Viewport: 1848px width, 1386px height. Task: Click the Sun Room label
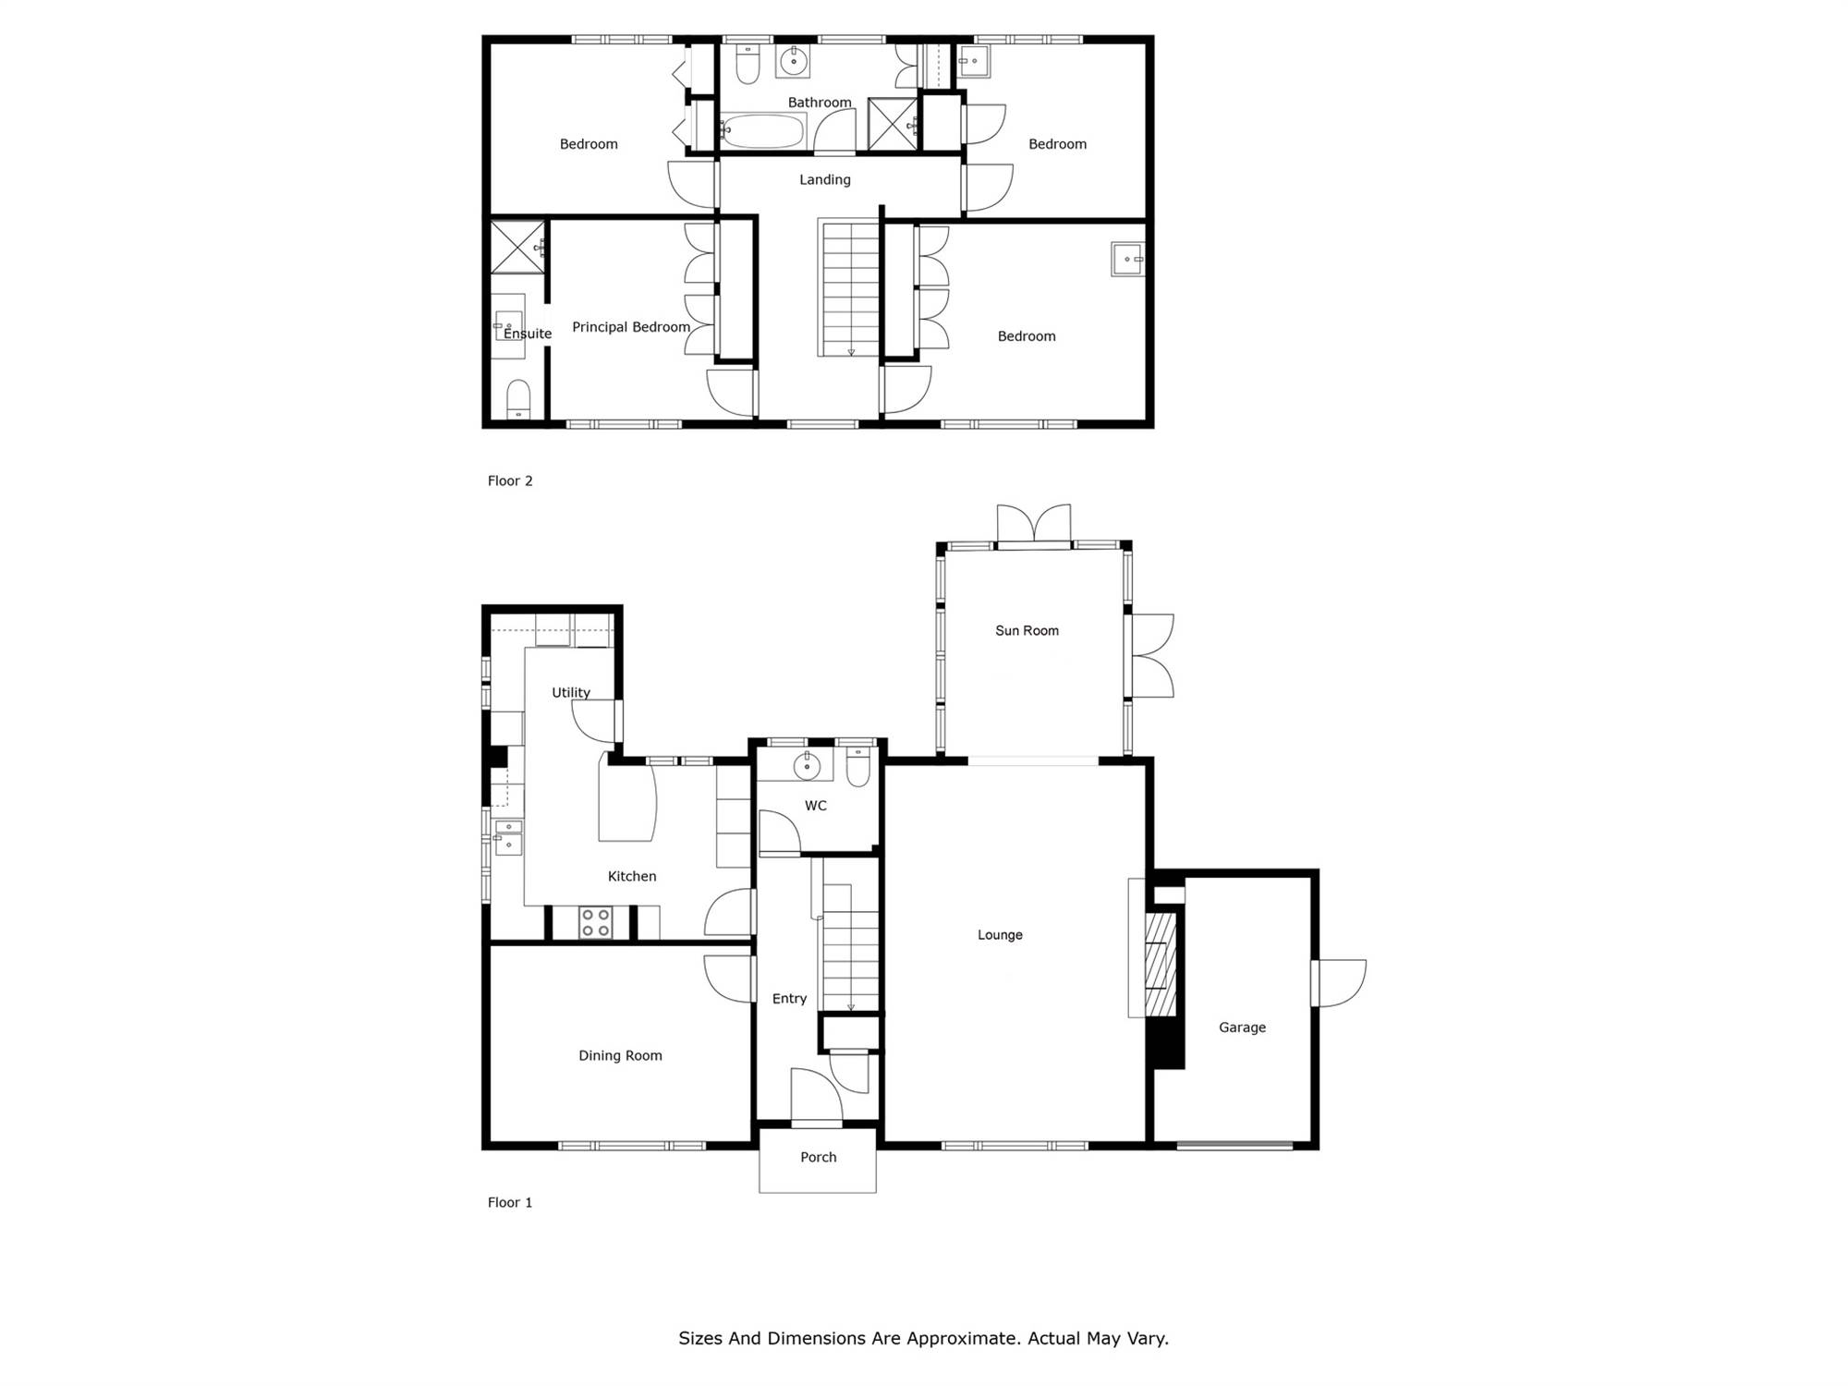(1027, 630)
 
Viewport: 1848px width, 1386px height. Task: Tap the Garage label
(1242, 1027)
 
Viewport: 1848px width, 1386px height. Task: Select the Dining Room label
(620, 1055)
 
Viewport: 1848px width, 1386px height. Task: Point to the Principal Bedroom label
(631, 327)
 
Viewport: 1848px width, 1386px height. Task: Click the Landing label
(825, 180)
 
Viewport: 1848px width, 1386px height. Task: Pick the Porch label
(818, 1157)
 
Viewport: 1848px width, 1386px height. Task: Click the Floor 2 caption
(510, 480)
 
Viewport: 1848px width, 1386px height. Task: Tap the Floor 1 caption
(510, 1202)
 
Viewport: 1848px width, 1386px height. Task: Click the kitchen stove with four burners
(595, 922)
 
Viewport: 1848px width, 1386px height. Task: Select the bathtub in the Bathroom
(763, 131)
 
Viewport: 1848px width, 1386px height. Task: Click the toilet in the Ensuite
(518, 399)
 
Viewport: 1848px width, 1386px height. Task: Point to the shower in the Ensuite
(517, 248)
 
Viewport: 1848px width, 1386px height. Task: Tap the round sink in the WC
(807, 765)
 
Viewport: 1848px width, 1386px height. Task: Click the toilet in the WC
(858, 767)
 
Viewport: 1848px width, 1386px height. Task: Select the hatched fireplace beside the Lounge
(1161, 964)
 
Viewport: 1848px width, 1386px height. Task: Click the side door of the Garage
(1338, 983)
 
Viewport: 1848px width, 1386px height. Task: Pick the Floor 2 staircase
(849, 287)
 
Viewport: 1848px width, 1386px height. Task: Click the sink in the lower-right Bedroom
(1128, 260)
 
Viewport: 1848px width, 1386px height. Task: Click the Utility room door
(596, 721)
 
